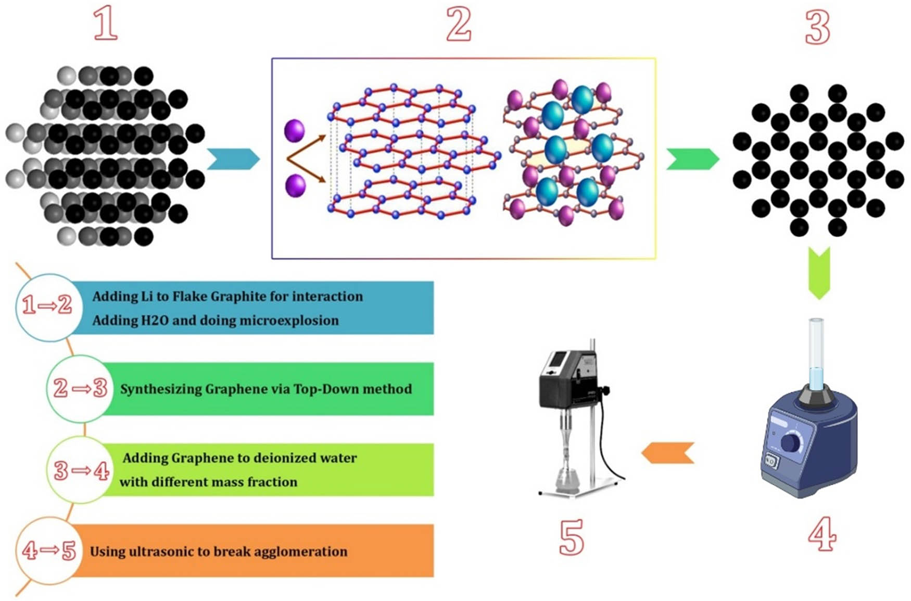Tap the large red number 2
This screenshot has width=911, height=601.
[x=459, y=24]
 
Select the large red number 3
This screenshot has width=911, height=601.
[x=817, y=28]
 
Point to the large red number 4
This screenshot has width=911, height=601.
[x=822, y=534]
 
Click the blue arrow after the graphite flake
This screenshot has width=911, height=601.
[x=233, y=159]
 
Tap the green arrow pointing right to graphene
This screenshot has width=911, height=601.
[x=692, y=159]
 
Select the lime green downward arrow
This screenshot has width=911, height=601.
[x=819, y=273]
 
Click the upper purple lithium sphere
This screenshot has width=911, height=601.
[x=294, y=130]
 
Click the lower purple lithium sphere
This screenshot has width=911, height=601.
[x=295, y=186]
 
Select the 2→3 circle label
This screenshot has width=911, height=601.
[x=80, y=388]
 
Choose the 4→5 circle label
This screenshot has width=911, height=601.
[x=48, y=551]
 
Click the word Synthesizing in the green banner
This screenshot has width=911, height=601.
[x=161, y=389]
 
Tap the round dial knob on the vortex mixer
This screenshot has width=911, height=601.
[x=791, y=443]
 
